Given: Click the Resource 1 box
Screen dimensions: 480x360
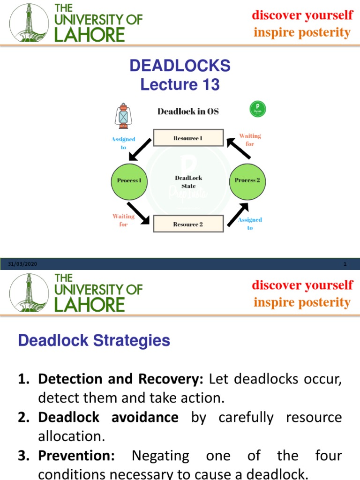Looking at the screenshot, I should pyautogui.click(x=188, y=139).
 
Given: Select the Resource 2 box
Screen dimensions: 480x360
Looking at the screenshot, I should pyautogui.click(x=188, y=225).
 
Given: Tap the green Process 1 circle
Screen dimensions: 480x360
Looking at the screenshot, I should pyautogui.click(x=129, y=180).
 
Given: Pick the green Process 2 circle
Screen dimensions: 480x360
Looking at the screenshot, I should pyautogui.click(x=247, y=180).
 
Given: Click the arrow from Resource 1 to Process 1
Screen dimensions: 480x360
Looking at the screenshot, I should pyautogui.click(x=141, y=149).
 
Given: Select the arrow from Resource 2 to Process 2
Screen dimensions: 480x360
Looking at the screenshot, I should pyautogui.click(x=238, y=215).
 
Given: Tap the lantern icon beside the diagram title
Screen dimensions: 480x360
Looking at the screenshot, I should pyautogui.click(x=123, y=116).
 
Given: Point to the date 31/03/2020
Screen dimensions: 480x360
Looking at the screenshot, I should pyautogui.click(x=22, y=265).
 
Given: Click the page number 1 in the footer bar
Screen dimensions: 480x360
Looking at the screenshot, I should pyautogui.click(x=345, y=265).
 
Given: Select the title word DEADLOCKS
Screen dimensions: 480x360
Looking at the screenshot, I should pyautogui.click(x=180, y=66).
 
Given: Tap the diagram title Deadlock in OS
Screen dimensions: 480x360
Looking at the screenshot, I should pyautogui.click(x=188, y=112).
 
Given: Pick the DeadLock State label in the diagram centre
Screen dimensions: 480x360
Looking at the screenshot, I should pyautogui.click(x=188, y=182).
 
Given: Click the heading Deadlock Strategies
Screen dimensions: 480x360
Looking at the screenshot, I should pyautogui.click(x=94, y=341).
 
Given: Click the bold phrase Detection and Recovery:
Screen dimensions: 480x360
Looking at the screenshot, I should pyautogui.click(x=121, y=379).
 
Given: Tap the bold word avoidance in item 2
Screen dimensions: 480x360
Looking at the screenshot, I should pyautogui.click(x=145, y=417).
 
